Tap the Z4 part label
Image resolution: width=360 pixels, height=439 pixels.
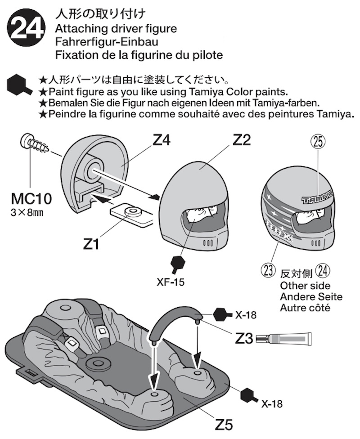[161, 141]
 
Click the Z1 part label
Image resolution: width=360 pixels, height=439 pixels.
[92, 245]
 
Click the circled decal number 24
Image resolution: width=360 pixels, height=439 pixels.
[323, 271]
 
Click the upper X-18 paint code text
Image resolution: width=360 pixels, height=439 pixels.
[245, 315]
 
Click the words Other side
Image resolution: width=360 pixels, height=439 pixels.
[305, 286]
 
